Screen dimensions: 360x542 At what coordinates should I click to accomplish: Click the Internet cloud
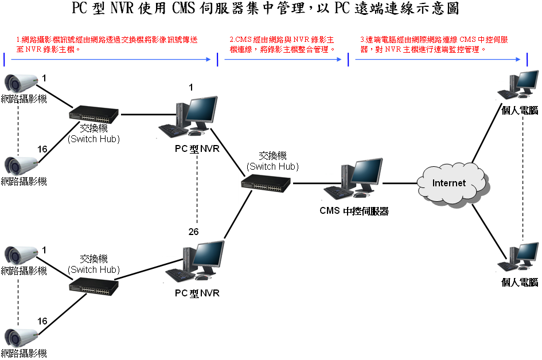[449, 183]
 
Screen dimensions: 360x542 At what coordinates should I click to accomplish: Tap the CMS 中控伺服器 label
[354, 211]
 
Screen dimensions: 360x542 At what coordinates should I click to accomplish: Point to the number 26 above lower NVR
[194, 232]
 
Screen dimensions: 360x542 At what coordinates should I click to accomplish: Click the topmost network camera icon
[22, 85]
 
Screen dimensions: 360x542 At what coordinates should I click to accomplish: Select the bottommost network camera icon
[22, 338]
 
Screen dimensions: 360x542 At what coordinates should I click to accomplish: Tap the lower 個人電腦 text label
[520, 282]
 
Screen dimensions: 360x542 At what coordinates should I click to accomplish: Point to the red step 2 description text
[282, 44]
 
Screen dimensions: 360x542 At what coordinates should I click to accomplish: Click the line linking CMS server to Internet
[400, 183]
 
